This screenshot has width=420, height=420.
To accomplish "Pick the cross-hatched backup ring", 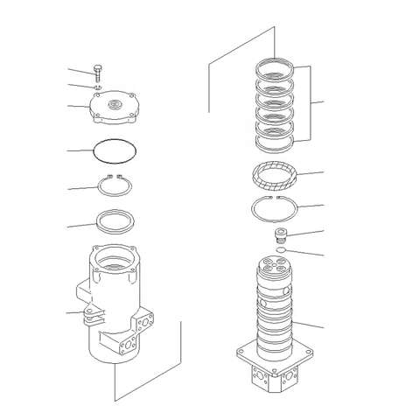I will (274, 176).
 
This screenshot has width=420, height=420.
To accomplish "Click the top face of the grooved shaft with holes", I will (275, 266).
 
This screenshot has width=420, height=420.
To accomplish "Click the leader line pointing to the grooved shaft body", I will (311, 325).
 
